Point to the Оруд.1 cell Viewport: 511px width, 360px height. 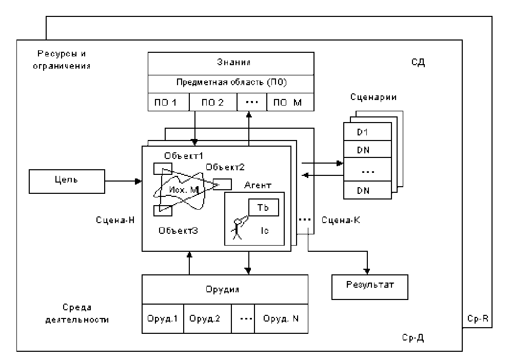162,318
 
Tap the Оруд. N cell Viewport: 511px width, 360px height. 281,318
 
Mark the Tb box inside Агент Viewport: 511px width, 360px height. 263,208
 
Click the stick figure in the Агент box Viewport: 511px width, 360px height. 238,227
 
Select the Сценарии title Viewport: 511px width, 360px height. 367,96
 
